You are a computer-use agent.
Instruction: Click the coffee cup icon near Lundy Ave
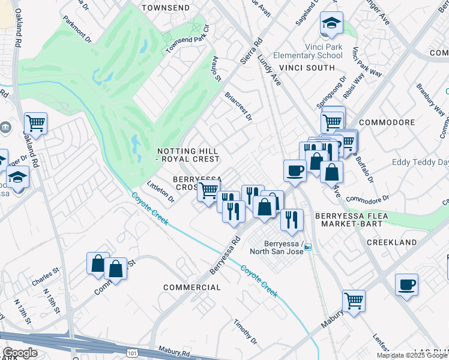pyautogui.click(x=295, y=170)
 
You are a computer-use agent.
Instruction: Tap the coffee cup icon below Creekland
pyautogui.click(x=406, y=284)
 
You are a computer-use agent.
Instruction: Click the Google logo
pyautogui.click(x=20, y=353)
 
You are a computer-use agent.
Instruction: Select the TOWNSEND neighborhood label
pyautogui.click(x=165, y=8)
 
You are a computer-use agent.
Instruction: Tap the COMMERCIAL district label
pyautogui.click(x=192, y=287)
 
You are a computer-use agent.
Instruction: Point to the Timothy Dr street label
pyautogui.click(x=246, y=332)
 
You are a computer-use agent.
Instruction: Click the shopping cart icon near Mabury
pyautogui.click(x=354, y=301)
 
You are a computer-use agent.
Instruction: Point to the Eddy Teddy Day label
pyautogui.click(x=420, y=163)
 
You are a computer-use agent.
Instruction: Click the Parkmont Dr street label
pyautogui.click(x=77, y=28)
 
